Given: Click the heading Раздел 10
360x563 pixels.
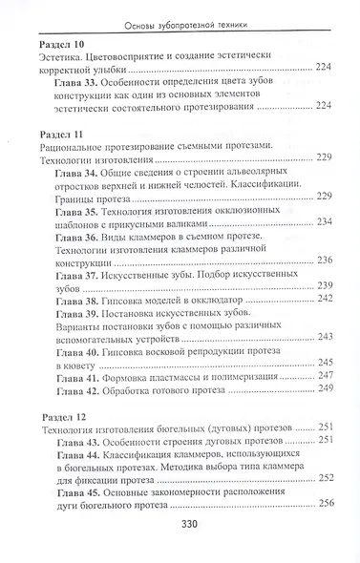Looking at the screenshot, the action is pyautogui.click(x=60, y=45).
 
